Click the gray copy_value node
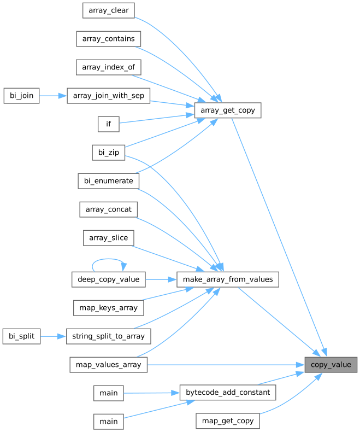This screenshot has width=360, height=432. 331,365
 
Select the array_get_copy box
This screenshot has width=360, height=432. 228,110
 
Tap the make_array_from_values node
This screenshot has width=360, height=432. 228,279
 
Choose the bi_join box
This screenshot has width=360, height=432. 21,96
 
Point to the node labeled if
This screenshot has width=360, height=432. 109,124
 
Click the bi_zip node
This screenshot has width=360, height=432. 109,153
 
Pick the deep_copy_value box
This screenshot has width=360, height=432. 109,279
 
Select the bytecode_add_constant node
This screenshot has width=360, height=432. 228,392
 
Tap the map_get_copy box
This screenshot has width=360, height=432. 228,421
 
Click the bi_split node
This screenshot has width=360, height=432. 21,336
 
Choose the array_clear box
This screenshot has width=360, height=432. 109,10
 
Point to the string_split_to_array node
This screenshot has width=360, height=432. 109,336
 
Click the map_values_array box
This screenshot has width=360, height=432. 109,365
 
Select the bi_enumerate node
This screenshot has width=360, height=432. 109,181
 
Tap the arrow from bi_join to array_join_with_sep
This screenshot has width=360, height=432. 53,96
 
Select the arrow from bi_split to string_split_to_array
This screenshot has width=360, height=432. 53,336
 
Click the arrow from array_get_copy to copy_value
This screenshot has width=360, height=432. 279,237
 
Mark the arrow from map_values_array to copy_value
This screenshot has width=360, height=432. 226,365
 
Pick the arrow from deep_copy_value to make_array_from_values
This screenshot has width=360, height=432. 161,279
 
